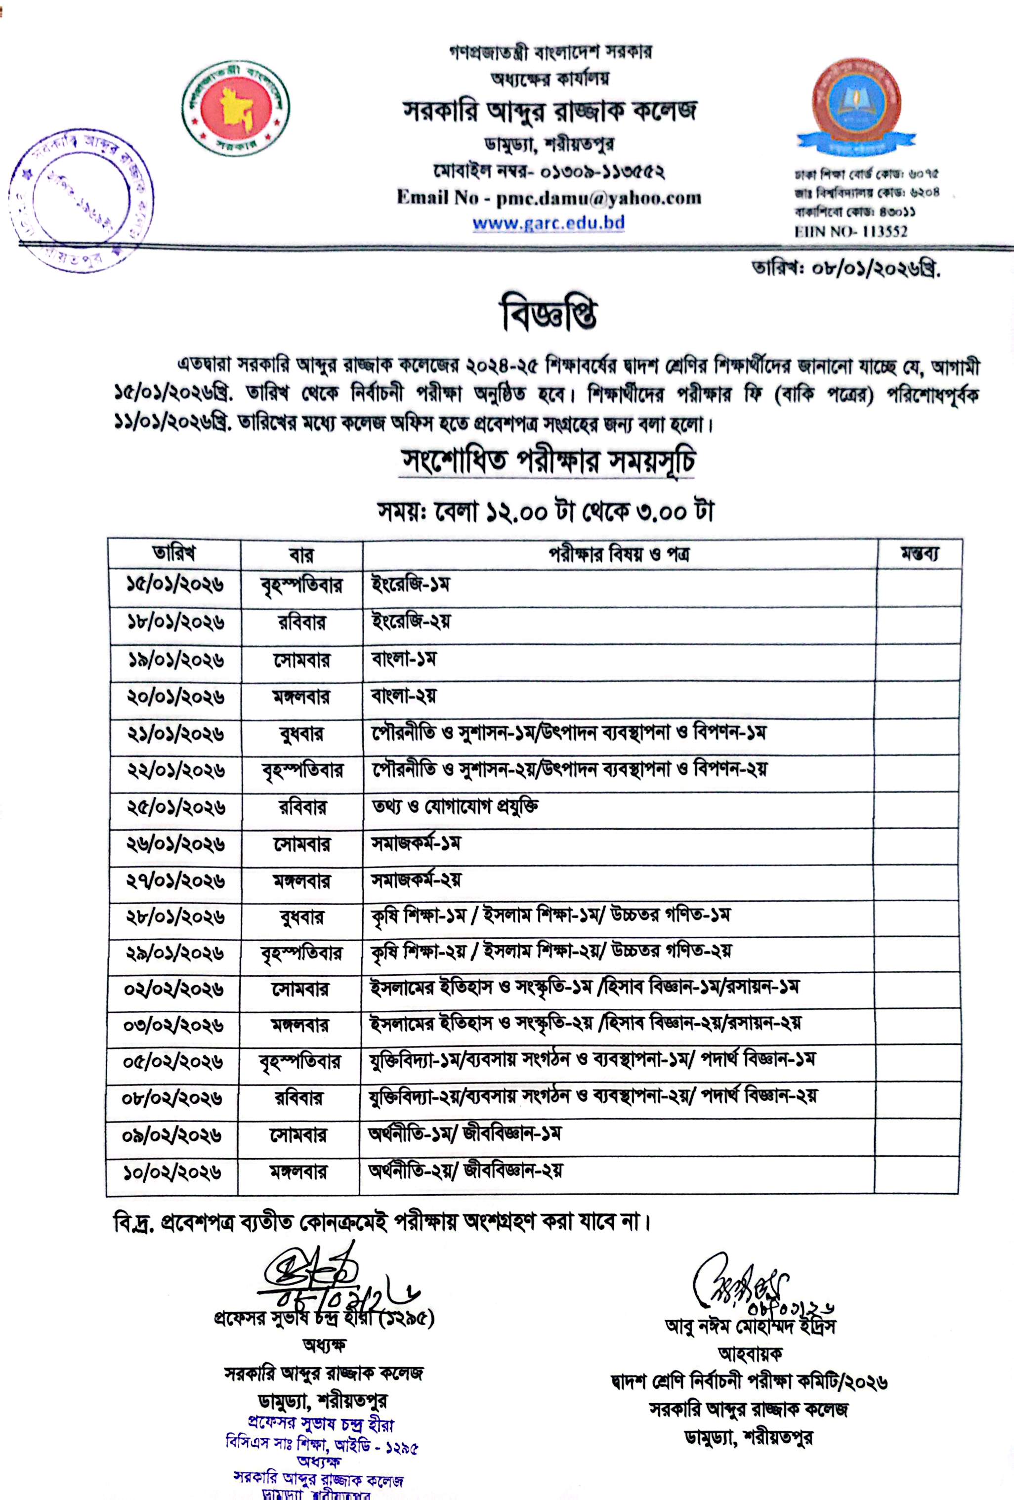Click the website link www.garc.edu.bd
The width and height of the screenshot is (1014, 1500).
click(x=548, y=223)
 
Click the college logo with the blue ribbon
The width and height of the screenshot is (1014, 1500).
click(x=856, y=107)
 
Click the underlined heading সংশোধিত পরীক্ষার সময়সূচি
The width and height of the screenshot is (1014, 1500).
click(x=548, y=461)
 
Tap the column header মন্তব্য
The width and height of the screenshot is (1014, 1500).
click(x=919, y=554)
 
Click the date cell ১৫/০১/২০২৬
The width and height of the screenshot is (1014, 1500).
click(x=175, y=585)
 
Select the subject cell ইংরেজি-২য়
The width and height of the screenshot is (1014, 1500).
click(x=411, y=622)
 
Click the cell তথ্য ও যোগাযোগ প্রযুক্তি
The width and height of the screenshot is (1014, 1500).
click(x=455, y=807)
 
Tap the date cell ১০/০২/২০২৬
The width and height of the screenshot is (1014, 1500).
click(x=172, y=1172)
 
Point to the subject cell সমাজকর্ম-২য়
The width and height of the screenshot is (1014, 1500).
click(x=416, y=880)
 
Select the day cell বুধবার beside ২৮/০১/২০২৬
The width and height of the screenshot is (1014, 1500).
click(x=301, y=917)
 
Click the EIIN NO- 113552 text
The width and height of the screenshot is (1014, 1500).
click(x=851, y=232)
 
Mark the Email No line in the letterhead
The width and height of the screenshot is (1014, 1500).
click(x=549, y=198)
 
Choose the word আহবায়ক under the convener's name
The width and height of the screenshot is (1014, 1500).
click(x=750, y=1353)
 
